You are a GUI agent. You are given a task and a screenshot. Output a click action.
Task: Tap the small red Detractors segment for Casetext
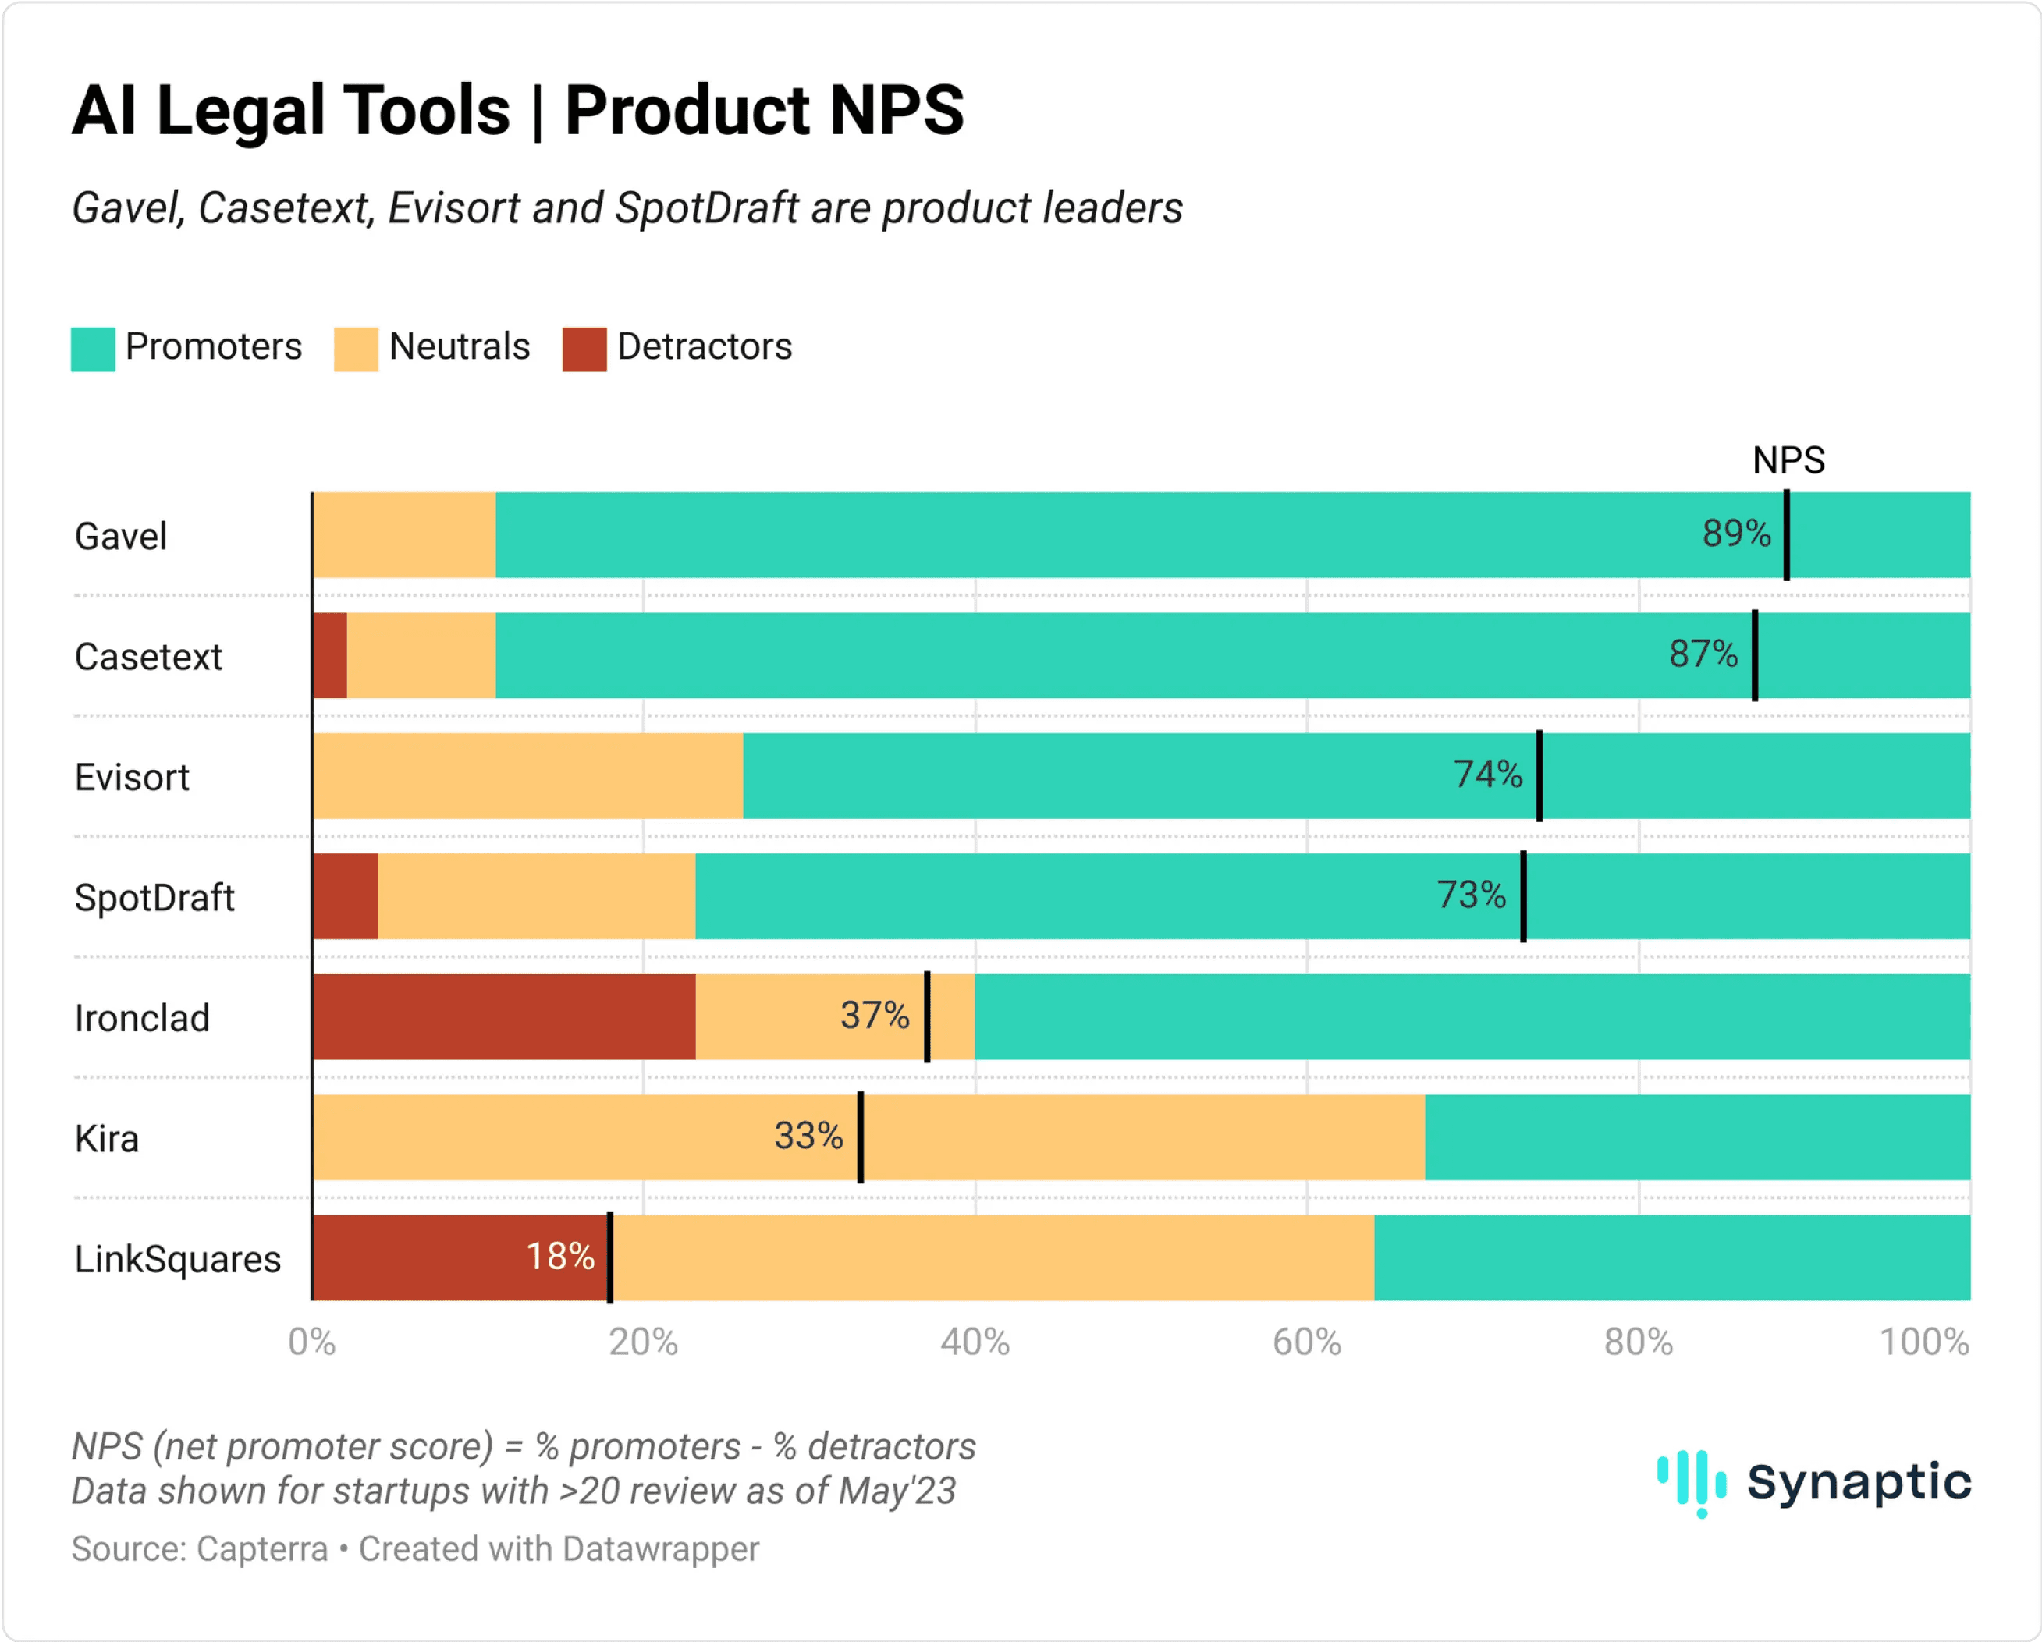pos(329,655)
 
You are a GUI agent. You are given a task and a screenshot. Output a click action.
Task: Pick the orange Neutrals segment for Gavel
pos(403,535)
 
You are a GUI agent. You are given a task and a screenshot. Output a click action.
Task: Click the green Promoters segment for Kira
pos(1696,1137)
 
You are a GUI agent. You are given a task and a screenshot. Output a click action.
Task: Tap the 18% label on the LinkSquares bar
pos(559,1257)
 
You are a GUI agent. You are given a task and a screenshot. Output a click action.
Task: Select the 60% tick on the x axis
pos(1306,1342)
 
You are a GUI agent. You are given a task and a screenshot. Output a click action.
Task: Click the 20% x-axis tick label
pos(643,1342)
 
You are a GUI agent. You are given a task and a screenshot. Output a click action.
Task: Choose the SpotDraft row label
pos(154,898)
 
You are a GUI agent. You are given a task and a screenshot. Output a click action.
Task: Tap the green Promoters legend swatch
pos(93,349)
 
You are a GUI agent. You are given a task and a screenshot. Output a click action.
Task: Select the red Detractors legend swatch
pos(584,349)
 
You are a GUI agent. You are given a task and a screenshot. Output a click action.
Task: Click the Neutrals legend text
pos(460,346)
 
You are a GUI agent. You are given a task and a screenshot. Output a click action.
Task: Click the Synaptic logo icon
pos(1692,1482)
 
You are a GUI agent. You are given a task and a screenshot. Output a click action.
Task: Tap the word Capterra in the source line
pos(261,1549)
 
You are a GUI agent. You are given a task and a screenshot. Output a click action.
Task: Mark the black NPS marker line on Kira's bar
pos(860,1137)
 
